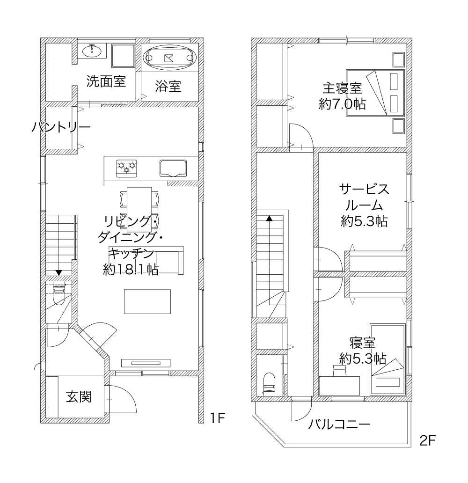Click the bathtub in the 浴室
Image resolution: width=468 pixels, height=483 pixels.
coord(170,58)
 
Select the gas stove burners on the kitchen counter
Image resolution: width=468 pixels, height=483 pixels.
coord(126,168)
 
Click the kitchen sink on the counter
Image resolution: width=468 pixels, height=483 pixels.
coord(173,168)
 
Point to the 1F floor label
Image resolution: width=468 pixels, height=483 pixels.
coord(218,418)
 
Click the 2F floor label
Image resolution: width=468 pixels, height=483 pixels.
coord(427,441)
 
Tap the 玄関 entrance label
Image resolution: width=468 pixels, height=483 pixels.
coord(79,397)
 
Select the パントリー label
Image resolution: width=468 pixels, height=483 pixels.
coord(61,127)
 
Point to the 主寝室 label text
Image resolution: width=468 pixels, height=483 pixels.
coord(342,88)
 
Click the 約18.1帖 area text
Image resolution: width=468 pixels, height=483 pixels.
coord(131,270)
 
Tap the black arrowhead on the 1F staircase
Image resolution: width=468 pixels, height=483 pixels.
coord(58,272)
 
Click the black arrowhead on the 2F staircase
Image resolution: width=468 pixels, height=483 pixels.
coord(270,219)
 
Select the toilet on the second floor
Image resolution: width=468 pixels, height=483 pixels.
coord(269,383)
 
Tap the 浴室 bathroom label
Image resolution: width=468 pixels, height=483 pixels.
coord(168,86)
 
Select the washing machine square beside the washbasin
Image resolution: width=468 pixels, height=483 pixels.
coord(123,56)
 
